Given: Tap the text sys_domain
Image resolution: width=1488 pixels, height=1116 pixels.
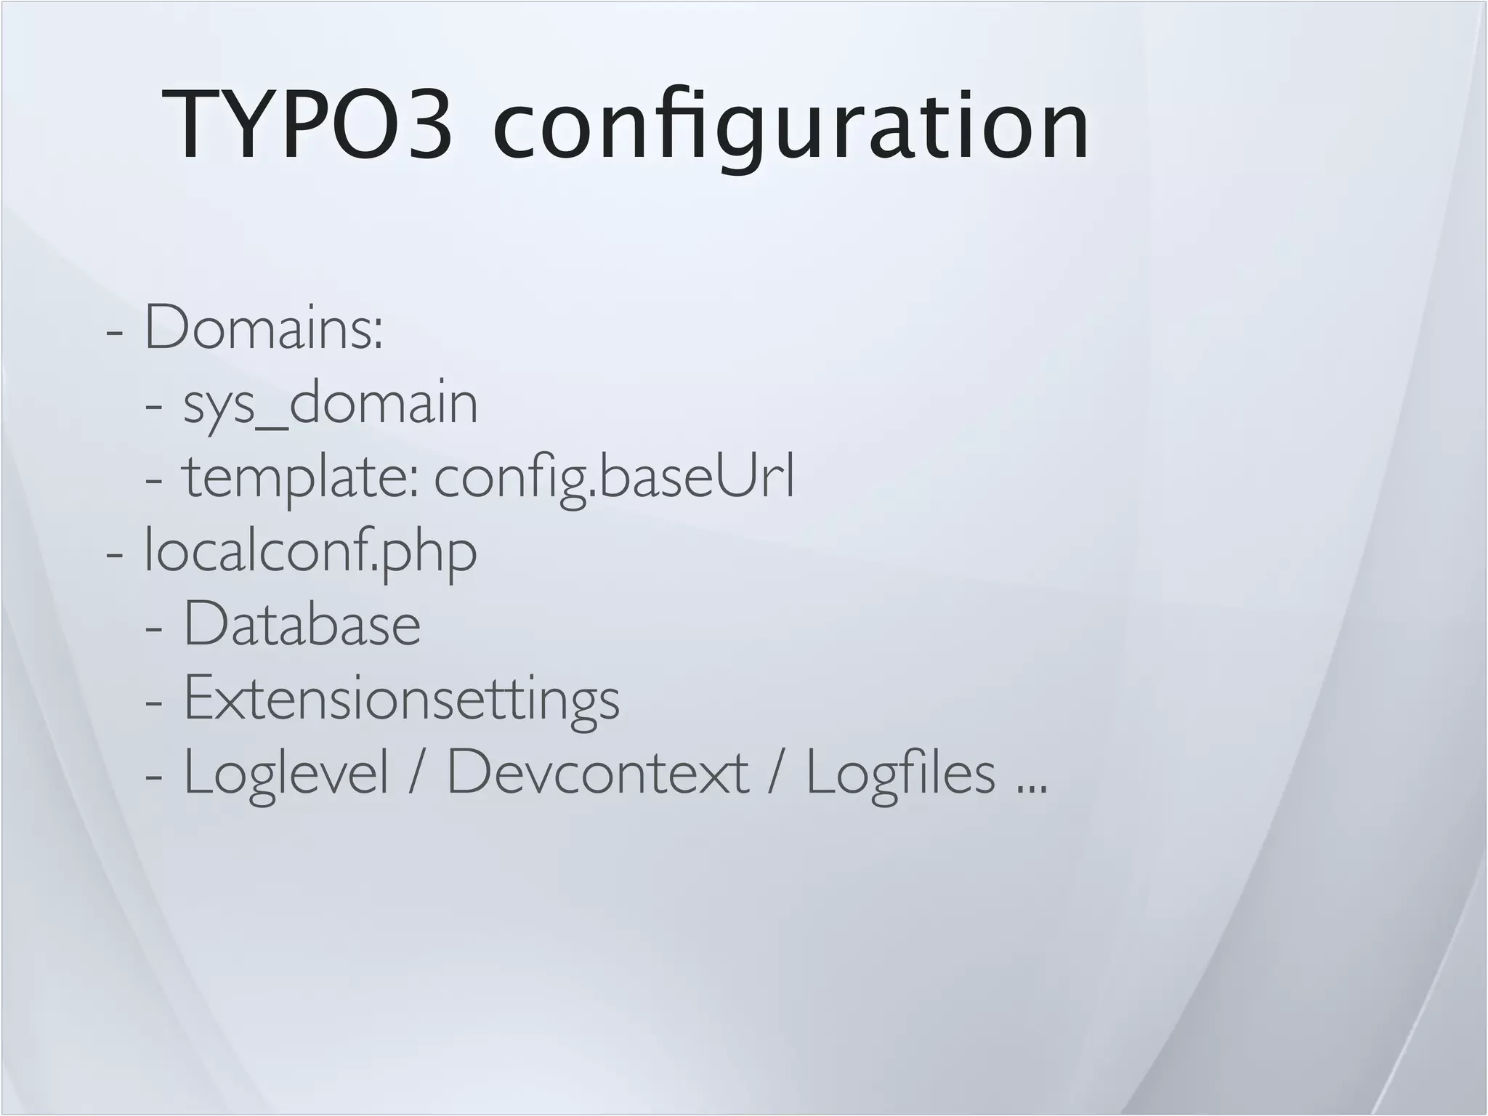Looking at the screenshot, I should coord(331,403).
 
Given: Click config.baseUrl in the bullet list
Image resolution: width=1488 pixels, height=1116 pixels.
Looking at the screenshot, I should coord(615,477).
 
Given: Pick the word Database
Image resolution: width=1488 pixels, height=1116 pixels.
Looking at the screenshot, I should coord(302,624).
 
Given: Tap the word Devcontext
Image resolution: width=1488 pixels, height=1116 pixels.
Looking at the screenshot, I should coord(597,772).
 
